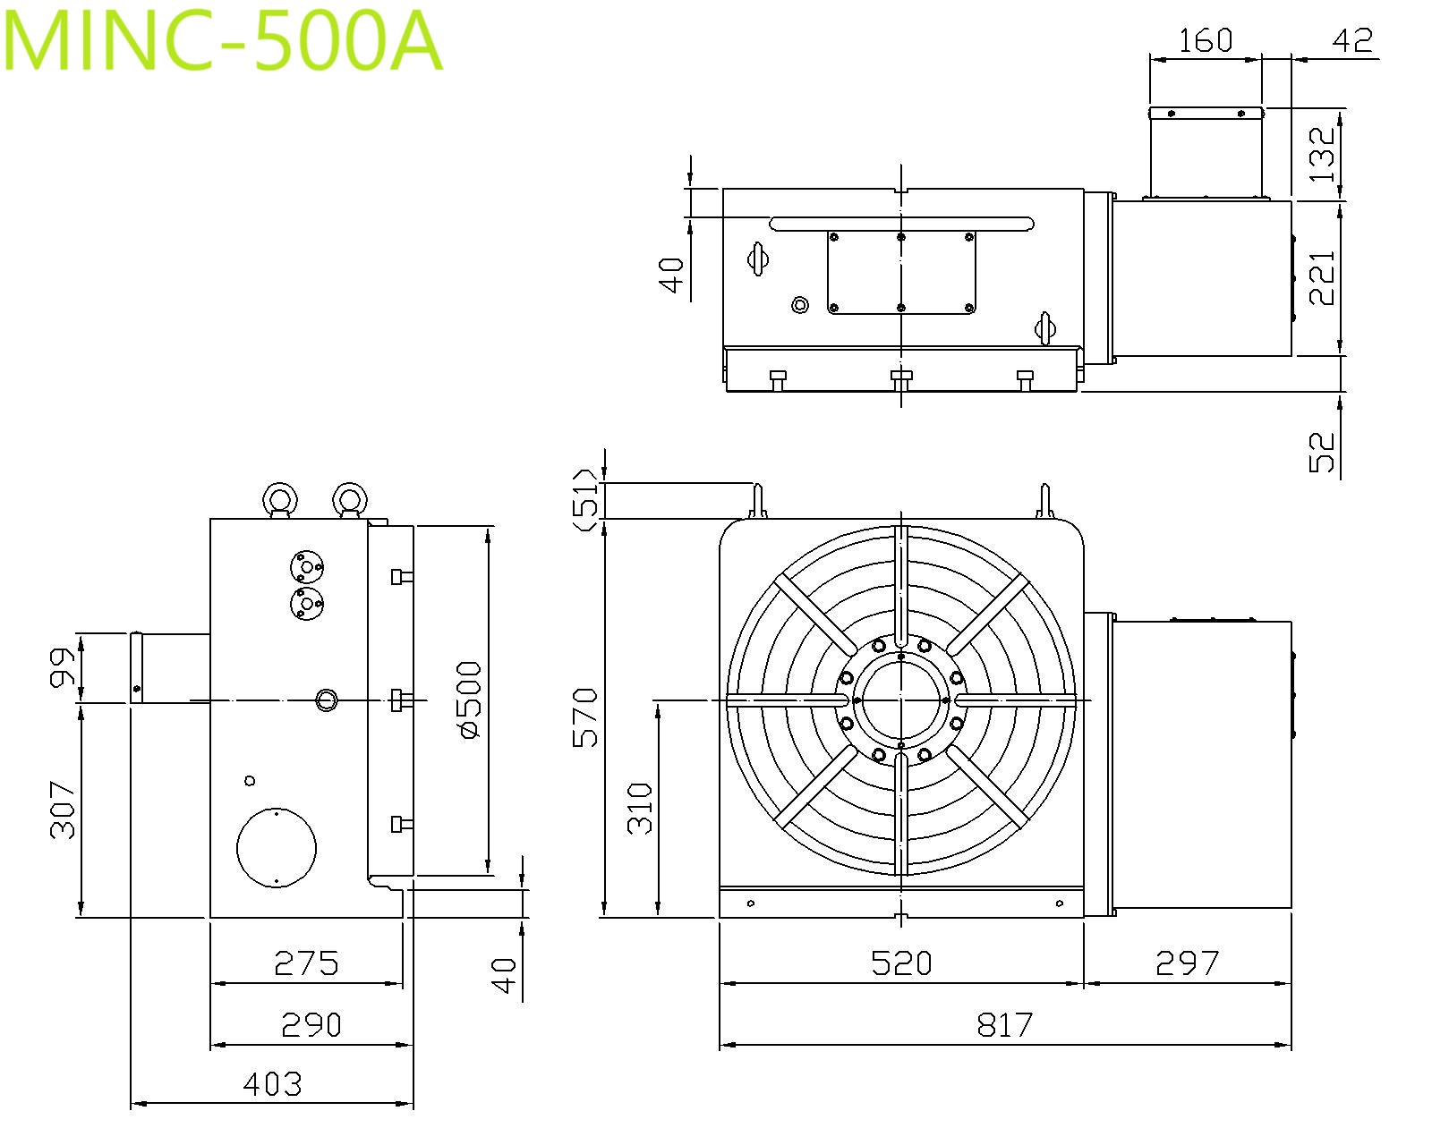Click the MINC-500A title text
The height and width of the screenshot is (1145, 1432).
(222, 41)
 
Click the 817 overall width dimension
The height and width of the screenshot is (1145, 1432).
(1005, 1025)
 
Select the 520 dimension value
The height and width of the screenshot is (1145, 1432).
(901, 963)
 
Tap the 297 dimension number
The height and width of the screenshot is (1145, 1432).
(1187, 963)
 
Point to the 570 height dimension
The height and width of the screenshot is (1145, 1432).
(586, 718)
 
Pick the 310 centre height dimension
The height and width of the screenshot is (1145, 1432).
(640, 809)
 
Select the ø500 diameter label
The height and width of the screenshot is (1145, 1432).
(469, 700)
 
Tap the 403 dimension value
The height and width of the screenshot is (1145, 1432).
(272, 1085)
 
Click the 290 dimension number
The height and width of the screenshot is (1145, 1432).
(311, 1025)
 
